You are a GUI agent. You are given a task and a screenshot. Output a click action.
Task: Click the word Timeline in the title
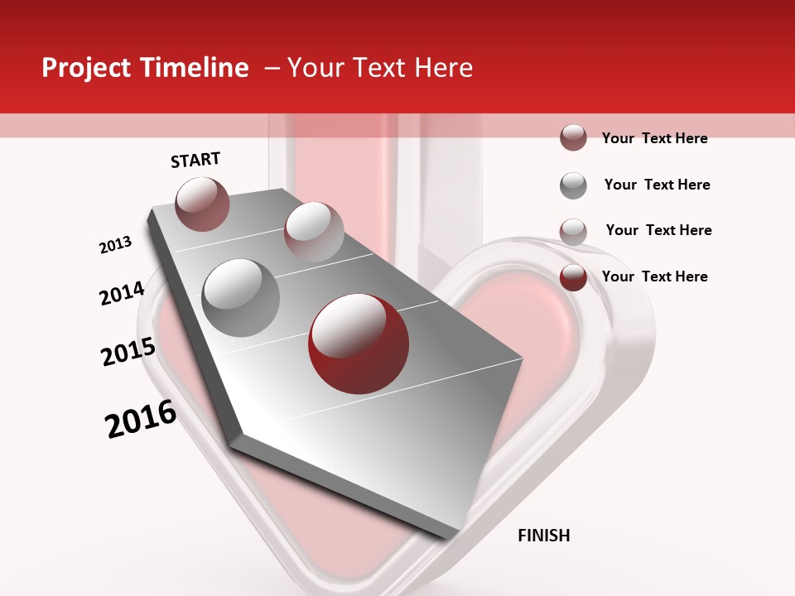pos(195,68)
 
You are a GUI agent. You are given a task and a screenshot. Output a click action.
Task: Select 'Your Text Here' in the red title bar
pos(380,68)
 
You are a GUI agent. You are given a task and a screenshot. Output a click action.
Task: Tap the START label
pos(195,160)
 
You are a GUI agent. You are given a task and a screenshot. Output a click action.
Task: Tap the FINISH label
pos(543,536)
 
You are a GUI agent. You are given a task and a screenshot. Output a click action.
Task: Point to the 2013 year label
pos(115,245)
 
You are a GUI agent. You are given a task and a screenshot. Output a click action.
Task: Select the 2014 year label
pos(122,294)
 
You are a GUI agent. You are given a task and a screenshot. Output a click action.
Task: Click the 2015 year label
pos(128,351)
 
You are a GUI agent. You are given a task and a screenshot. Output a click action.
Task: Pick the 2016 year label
pos(141,419)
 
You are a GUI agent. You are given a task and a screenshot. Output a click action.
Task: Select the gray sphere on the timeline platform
pos(240,297)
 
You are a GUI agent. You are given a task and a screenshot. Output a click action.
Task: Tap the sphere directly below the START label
pos(202,204)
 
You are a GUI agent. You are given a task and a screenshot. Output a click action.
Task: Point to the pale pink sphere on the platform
pos(314,231)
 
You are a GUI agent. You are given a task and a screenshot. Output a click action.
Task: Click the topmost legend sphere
pos(573,138)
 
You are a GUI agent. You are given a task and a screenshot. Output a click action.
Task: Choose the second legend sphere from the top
pos(573,185)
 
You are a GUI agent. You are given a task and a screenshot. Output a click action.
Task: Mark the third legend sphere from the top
pos(573,232)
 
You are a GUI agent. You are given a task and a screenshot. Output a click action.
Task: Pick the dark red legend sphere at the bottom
pos(573,277)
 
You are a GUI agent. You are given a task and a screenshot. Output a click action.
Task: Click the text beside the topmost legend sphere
pos(654,138)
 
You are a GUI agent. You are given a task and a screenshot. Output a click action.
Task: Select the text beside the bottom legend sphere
pos(654,276)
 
